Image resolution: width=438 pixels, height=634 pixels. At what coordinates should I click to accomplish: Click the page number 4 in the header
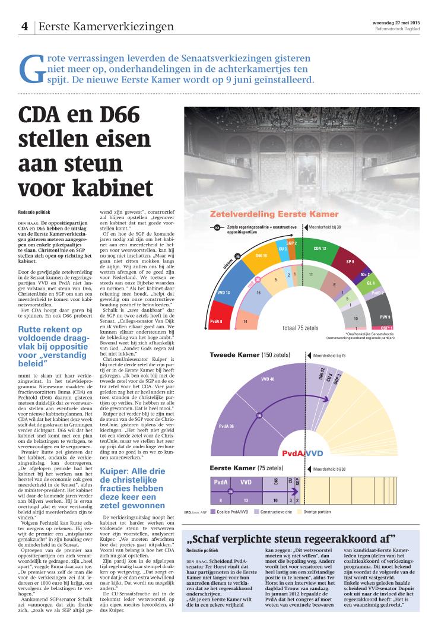25,26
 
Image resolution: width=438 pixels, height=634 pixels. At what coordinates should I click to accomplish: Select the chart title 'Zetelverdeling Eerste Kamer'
274,214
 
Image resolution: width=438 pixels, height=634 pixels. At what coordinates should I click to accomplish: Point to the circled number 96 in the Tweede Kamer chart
259,415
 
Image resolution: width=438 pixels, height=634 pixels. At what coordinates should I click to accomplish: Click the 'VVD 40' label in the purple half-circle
268,378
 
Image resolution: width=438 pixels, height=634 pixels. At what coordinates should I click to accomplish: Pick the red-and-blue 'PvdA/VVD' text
302,452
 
